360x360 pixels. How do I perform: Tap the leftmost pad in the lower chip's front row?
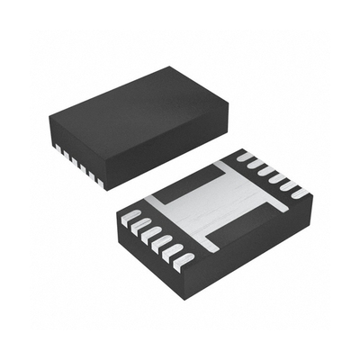[x=130, y=217]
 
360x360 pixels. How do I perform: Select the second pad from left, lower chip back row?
[x=254, y=166]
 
